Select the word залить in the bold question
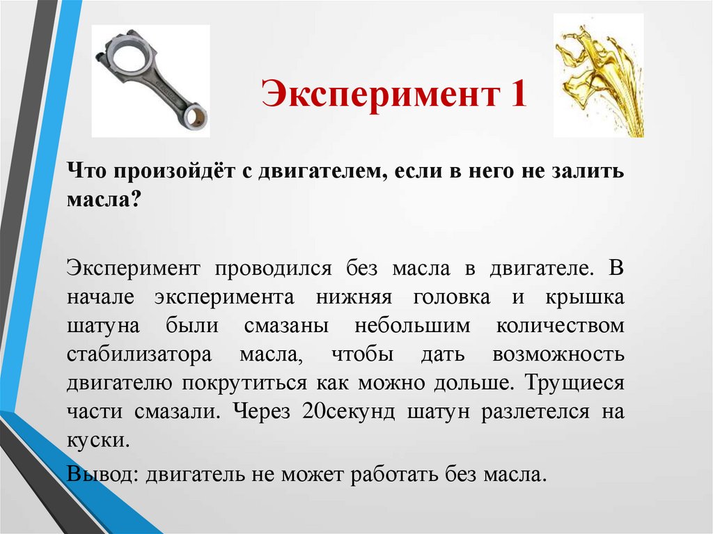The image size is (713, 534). pos(586,172)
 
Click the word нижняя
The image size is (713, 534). pos(347,297)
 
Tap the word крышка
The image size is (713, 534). pos(583,297)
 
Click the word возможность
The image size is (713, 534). pos(558,354)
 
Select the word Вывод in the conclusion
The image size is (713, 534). pos(102,474)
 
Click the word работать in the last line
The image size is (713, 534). pos(394,474)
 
